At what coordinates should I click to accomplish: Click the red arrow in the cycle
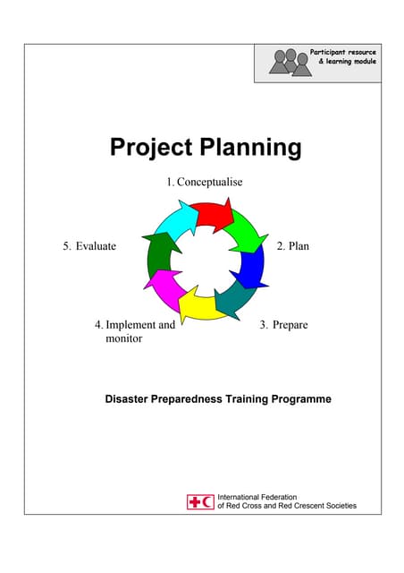click(212, 216)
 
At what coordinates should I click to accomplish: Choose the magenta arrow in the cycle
click(165, 288)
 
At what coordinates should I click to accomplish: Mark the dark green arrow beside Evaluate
click(159, 255)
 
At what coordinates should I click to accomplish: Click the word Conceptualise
click(210, 182)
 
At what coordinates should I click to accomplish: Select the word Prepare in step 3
click(290, 324)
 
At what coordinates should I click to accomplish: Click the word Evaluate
click(96, 245)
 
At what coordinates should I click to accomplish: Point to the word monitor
click(124, 339)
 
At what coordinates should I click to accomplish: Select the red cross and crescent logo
click(200, 501)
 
